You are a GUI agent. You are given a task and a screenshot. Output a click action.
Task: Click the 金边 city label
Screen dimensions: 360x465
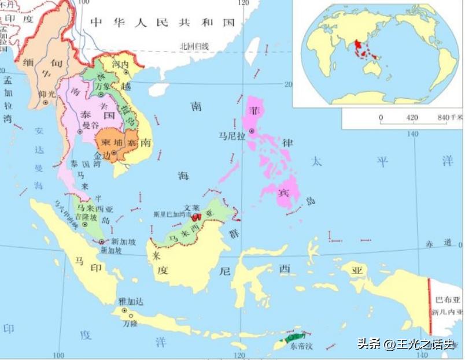click(102, 156)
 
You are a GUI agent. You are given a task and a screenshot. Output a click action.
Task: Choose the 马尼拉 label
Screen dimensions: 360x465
click(230, 136)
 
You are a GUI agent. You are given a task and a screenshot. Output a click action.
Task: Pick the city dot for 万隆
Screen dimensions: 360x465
click(131, 316)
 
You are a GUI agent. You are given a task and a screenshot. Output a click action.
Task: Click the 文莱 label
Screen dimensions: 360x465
click(191, 207)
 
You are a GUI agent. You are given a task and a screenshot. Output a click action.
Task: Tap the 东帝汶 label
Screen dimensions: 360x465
click(301, 346)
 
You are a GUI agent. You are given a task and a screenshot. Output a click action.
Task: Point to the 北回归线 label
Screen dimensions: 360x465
click(194, 46)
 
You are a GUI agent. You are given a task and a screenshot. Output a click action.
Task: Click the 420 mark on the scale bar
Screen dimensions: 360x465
click(412, 117)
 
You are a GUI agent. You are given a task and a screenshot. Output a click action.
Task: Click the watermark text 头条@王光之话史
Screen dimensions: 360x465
click(405, 344)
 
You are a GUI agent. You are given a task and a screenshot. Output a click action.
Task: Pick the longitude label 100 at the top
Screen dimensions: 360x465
click(84, 3)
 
